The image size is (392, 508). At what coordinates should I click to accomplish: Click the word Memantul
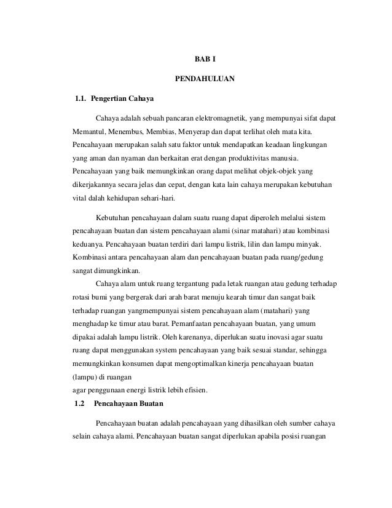pyautogui.click(x=88, y=132)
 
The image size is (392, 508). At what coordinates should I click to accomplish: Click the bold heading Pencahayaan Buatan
pyautogui.click(x=128, y=404)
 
